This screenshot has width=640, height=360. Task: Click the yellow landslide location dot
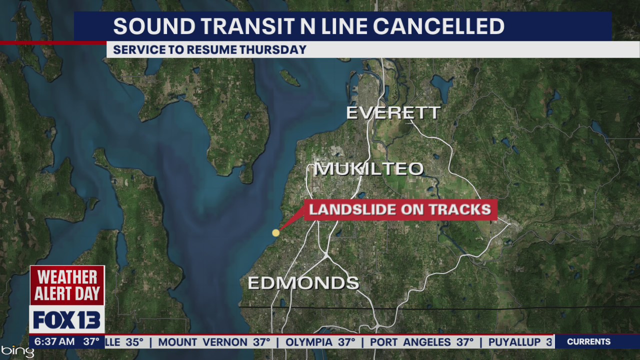[275, 232]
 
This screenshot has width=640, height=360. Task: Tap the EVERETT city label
[393, 113]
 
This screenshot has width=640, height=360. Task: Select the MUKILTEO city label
[369, 169]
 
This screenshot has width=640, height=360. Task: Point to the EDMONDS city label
[303, 283]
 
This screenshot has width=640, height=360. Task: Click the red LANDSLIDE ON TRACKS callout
[400, 209]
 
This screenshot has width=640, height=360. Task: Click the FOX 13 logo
[67, 320]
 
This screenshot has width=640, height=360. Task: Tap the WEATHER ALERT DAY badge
[67, 285]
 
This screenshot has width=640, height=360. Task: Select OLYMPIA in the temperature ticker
[309, 342]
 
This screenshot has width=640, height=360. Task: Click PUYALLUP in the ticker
[514, 342]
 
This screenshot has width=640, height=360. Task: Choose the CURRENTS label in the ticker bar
[588, 342]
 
